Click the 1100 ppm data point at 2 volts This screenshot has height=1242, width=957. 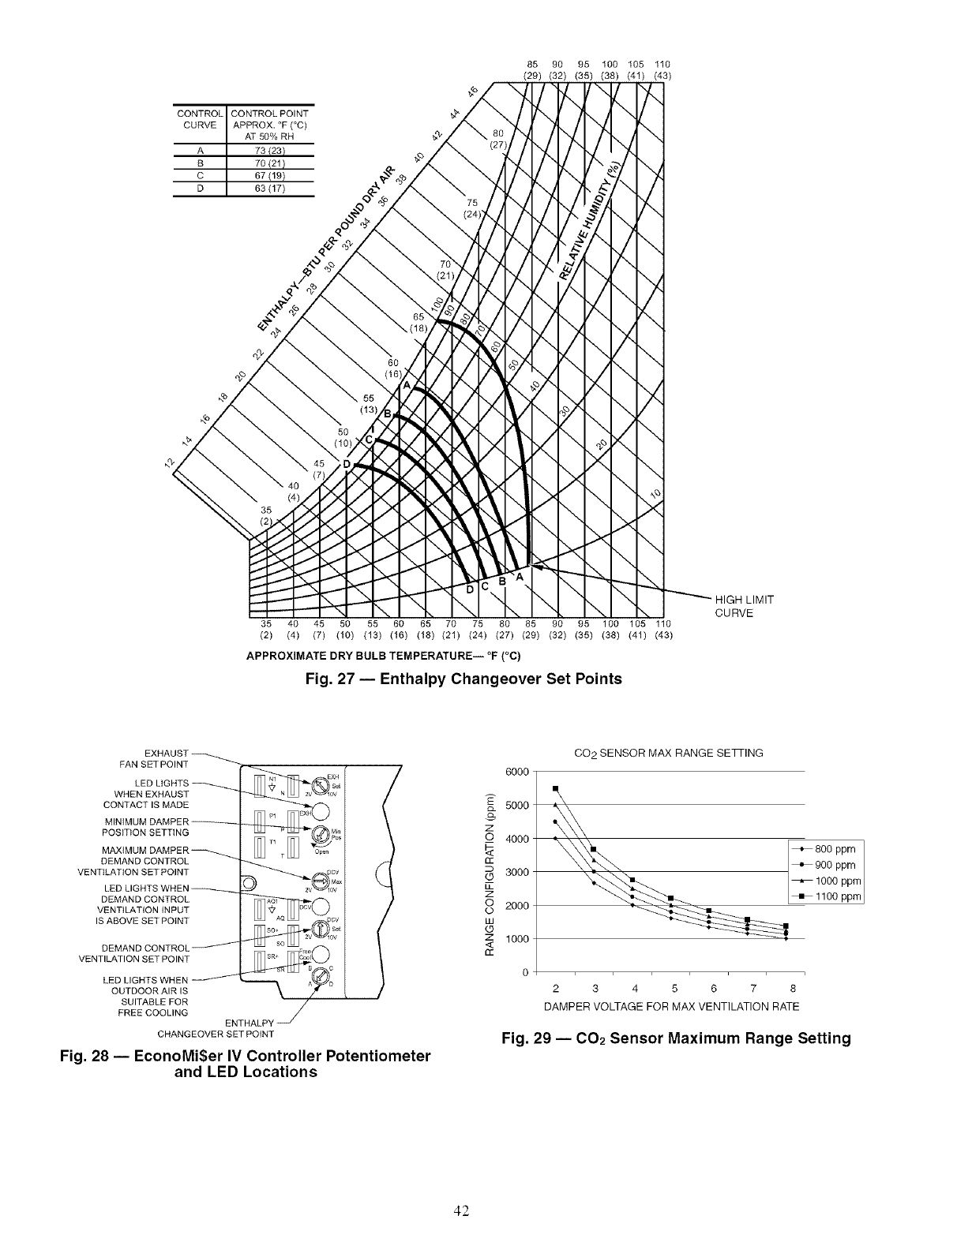[556, 788]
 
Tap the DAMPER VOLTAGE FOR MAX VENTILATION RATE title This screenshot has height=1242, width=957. [671, 1007]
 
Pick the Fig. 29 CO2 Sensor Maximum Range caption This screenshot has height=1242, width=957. [676, 1038]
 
